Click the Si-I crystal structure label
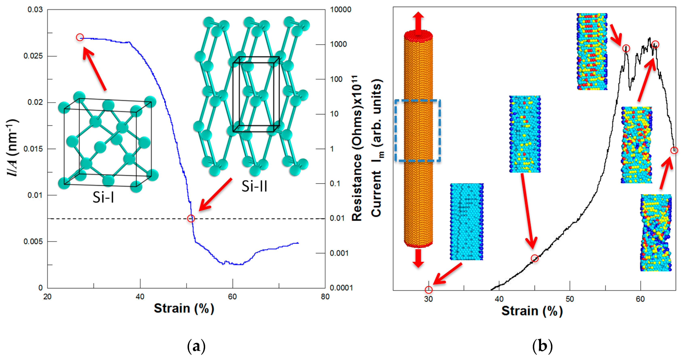(x=103, y=197)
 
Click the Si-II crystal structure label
(x=254, y=186)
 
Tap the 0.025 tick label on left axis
(x=33, y=56)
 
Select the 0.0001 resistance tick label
(x=341, y=288)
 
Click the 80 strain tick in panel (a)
(x=325, y=297)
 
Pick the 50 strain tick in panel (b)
(x=570, y=299)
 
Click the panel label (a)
(x=196, y=346)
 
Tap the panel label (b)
(x=543, y=346)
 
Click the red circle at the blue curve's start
(x=80, y=37)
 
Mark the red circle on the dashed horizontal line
(x=191, y=218)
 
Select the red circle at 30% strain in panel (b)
(x=429, y=289)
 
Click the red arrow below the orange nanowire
(x=418, y=258)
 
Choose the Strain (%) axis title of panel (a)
(x=184, y=308)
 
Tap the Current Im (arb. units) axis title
(x=377, y=148)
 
